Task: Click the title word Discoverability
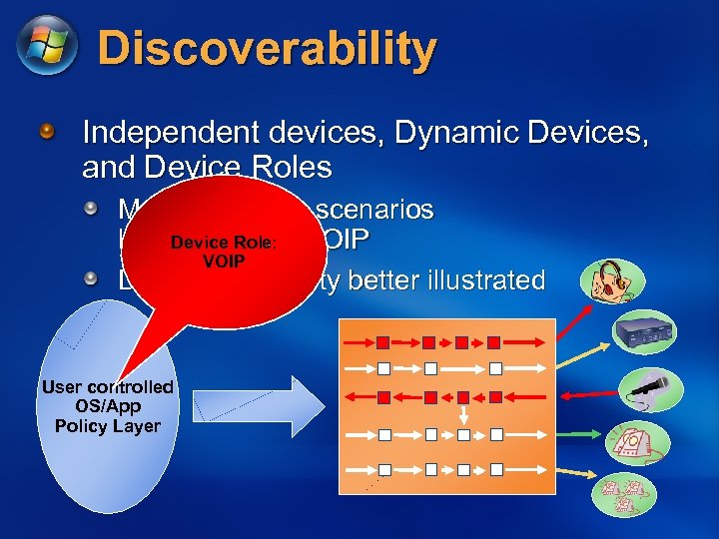point(268,49)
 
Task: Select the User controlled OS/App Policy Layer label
point(108,406)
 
